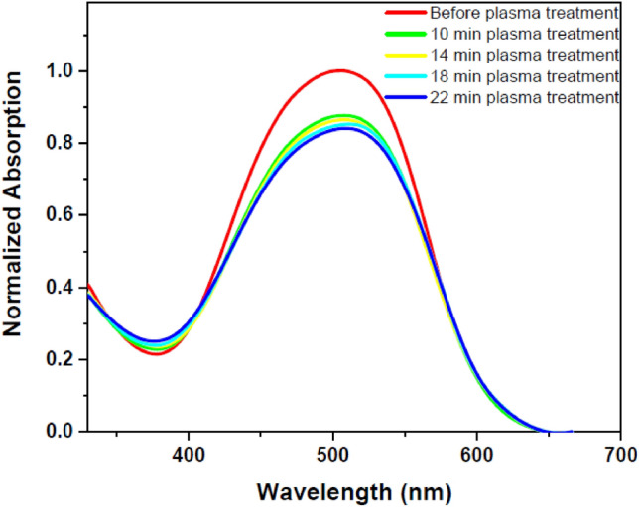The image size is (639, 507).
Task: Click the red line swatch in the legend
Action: pyautogui.click(x=405, y=13)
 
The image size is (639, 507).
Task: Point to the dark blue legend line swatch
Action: pyautogui.click(x=405, y=97)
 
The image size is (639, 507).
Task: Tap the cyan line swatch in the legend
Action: pyautogui.click(x=405, y=76)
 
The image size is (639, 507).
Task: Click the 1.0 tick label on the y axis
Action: pyautogui.click(x=62, y=71)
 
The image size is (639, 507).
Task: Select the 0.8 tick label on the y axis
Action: pyautogui.click(x=62, y=144)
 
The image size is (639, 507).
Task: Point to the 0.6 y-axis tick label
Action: pyautogui.click(x=62, y=215)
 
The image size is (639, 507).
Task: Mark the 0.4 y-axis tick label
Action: pyautogui.click(x=62, y=288)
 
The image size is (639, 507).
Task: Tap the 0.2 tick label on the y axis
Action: pyautogui.click(x=62, y=359)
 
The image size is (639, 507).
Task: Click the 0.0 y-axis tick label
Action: pyautogui.click(x=62, y=432)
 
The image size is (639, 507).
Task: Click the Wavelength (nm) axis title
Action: pyautogui.click(x=353, y=490)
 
